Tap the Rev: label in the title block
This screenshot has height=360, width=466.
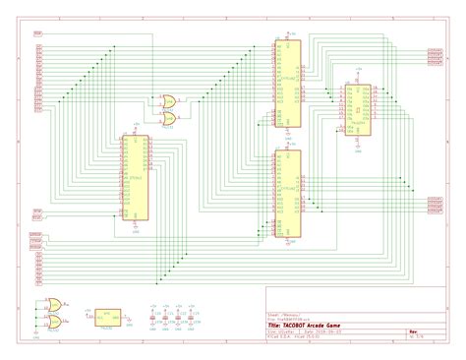(x=414, y=331)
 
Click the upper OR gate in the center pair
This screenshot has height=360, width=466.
(x=167, y=99)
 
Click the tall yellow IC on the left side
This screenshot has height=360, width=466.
(x=136, y=178)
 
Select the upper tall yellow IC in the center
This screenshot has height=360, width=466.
(x=287, y=83)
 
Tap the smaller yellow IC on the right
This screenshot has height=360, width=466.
(x=356, y=108)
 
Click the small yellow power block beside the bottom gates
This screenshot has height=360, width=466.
(x=108, y=317)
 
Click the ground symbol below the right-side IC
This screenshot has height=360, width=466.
(x=356, y=146)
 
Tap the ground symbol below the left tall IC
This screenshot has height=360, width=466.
(x=136, y=229)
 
